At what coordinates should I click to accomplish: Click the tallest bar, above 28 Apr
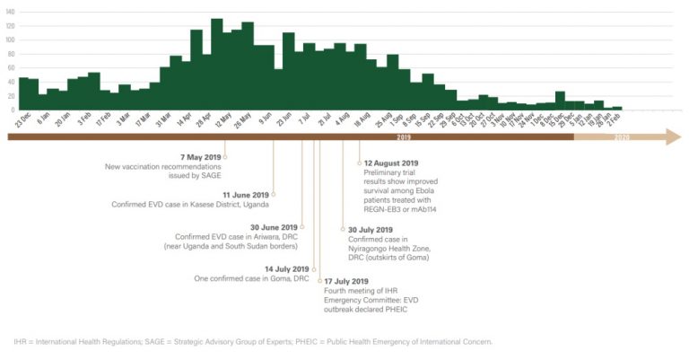216,64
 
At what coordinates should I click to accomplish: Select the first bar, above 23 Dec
22,93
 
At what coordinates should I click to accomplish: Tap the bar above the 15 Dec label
560,100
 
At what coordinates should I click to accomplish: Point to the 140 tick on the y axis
9,11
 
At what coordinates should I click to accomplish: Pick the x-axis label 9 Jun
267,119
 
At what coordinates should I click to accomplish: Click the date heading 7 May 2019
200,157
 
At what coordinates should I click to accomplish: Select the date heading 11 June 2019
246,194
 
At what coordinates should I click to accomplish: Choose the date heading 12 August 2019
391,162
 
